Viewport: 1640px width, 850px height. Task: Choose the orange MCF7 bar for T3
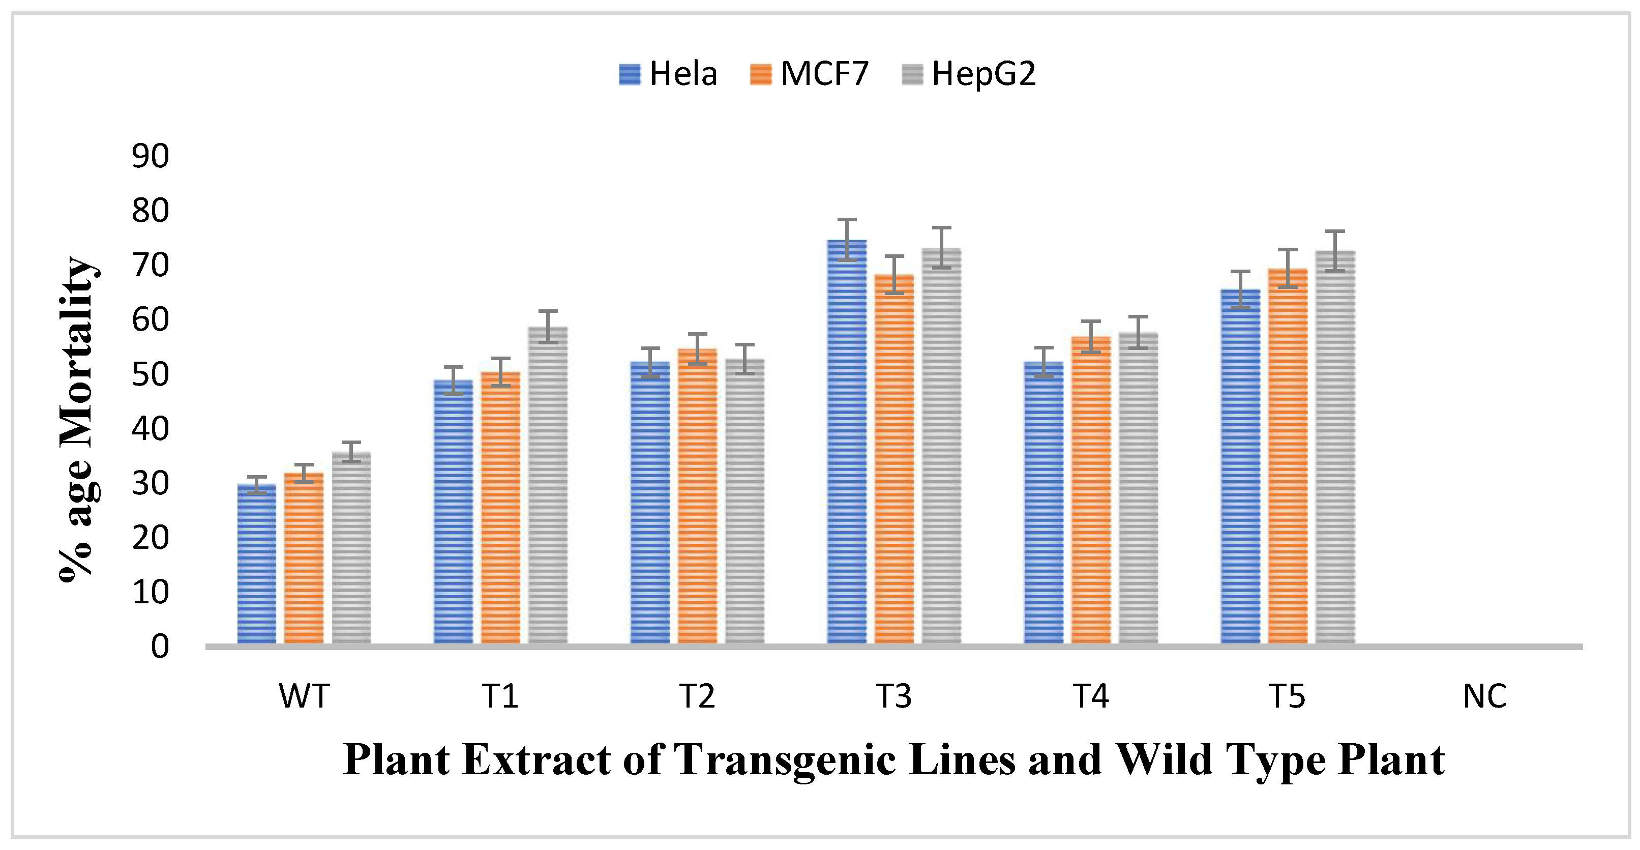(894, 458)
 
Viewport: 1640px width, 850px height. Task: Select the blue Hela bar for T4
(1043, 503)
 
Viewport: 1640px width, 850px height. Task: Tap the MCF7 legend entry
(809, 74)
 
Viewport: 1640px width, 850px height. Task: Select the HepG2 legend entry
(968, 74)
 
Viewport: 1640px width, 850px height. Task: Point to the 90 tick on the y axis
(150, 156)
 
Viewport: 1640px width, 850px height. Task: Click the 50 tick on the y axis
(150, 374)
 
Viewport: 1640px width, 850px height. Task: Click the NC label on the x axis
(1484, 696)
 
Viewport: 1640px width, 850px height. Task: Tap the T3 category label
(894, 696)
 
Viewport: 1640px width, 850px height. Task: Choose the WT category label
(304, 696)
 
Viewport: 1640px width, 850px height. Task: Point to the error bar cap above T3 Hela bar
(847, 220)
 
